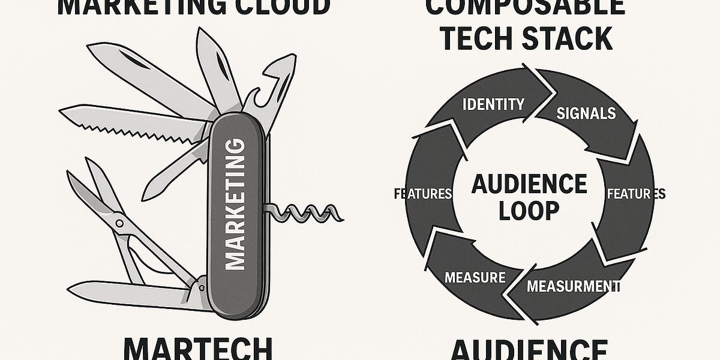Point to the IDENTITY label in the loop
pyautogui.click(x=493, y=104)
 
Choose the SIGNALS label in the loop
pyautogui.click(x=586, y=113)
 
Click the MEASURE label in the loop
pyautogui.click(x=475, y=277)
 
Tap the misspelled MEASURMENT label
pyautogui.click(x=572, y=286)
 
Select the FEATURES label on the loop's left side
pyautogui.click(x=422, y=194)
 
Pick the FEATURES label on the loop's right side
pyautogui.click(x=636, y=194)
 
